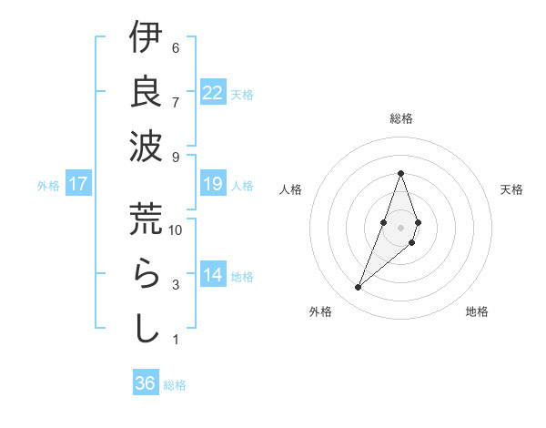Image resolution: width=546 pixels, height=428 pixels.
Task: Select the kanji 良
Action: click(x=146, y=92)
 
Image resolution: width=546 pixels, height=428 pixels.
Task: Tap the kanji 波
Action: click(x=146, y=147)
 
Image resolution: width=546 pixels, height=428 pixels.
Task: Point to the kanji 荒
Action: click(x=146, y=219)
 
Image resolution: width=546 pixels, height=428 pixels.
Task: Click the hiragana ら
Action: click(x=146, y=273)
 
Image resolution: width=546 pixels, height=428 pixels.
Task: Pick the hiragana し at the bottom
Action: click(x=146, y=328)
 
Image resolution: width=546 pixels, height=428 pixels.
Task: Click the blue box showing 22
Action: click(x=213, y=93)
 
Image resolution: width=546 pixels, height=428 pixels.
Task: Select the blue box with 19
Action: click(x=213, y=184)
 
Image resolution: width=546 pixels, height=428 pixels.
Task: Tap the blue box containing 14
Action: click(x=213, y=275)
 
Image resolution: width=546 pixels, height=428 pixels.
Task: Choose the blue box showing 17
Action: click(x=78, y=184)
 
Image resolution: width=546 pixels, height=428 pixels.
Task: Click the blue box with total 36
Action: click(x=146, y=383)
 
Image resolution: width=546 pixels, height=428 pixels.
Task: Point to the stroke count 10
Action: click(x=176, y=230)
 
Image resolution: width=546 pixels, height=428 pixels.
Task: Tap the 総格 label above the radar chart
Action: click(x=400, y=118)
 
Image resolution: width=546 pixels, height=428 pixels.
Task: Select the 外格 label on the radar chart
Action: click(x=320, y=311)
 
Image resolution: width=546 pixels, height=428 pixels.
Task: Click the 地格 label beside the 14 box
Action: click(x=243, y=276)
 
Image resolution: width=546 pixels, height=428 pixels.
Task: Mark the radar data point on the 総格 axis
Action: click(x=400, y=173)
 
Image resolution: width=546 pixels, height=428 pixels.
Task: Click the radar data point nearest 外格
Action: click(x=359, y=288)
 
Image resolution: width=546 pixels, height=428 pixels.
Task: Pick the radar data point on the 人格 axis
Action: click(x=384, y=222)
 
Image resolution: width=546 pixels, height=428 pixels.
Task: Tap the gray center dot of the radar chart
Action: click(x=400, y=227)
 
